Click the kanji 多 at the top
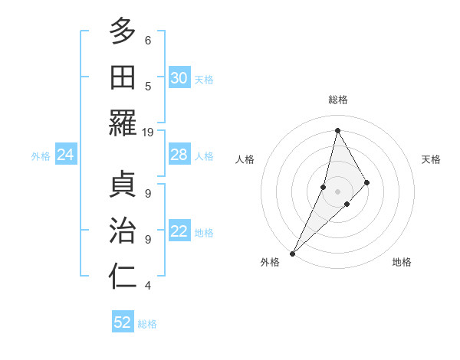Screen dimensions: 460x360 (x=123, y=31)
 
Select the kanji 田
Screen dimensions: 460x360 (x=123, y=77)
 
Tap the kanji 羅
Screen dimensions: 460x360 (x=123, y=123)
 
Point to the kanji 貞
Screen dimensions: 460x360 (x=123, y=185)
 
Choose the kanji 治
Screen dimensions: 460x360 (x=123, y=231)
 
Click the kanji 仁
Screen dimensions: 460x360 (x=123, y=277)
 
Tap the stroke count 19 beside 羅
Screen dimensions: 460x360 (x=148, y=133)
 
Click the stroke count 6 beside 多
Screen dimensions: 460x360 (x=148, y=41)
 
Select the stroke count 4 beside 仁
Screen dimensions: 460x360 (x=148, y=286)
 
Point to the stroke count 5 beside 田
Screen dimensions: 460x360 (x=148, y=87)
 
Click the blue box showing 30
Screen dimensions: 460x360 (x=179, y=78)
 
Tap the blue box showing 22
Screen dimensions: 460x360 (x=179, y=232)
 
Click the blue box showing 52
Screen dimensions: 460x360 (x=123, y=322)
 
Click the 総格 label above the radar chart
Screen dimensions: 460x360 (x=337, y=100)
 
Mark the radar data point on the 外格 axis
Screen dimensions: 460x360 (x=293, y=253)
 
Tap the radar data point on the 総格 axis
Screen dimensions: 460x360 (x=337, y=131)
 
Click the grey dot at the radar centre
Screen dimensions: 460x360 (x=337, y=191)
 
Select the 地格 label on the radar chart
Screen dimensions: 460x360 (x=402, y=262)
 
